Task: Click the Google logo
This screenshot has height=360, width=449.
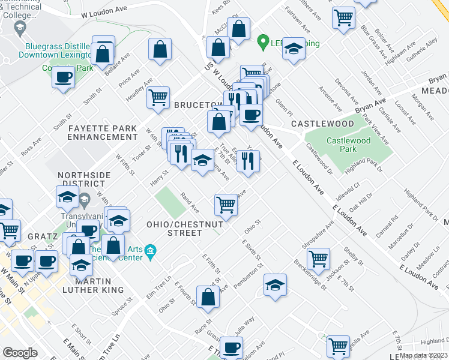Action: [x=20, y=353]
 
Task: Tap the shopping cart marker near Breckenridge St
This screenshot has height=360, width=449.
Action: [x=318, y=258]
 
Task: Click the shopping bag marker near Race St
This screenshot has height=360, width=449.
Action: [x=208, y=297]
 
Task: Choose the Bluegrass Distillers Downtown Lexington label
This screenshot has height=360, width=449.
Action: [x=58, y=50]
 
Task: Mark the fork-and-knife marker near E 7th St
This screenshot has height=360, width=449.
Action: [x=247, y=160]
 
